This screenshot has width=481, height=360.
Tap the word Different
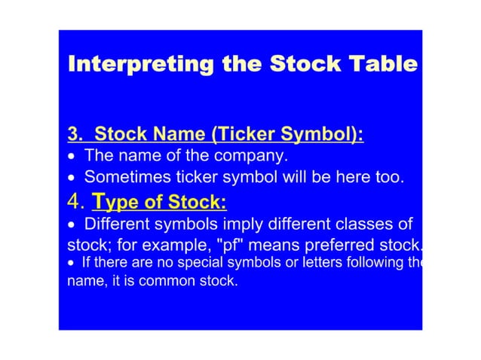[121, 224]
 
